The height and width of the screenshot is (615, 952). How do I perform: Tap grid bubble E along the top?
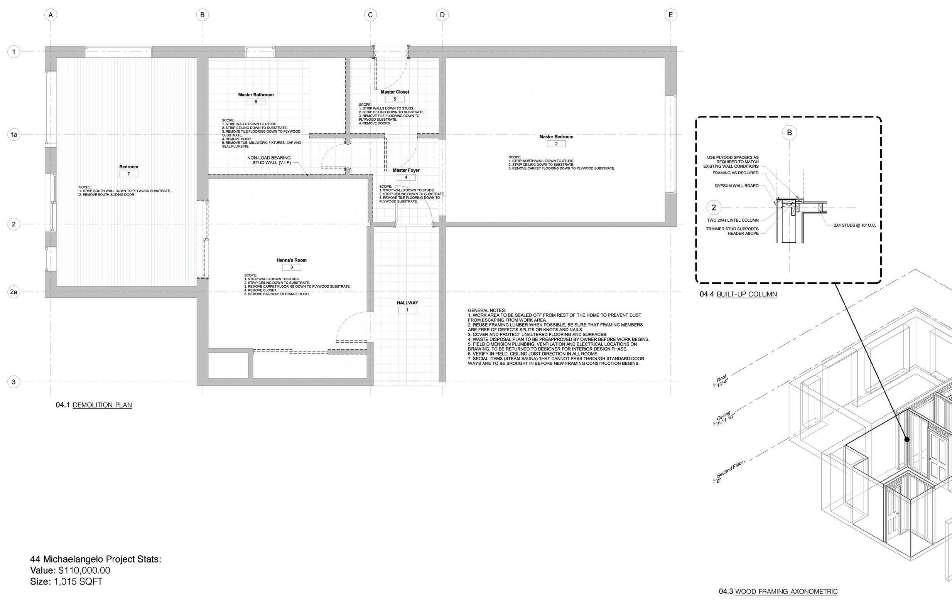[670, 15]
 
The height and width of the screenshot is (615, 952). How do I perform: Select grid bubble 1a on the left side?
[14, 135]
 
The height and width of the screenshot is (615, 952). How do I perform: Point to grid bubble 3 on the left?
[14, 382]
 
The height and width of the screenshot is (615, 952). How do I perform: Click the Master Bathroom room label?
[256, 95]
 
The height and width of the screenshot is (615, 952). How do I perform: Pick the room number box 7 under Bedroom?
[128, 174]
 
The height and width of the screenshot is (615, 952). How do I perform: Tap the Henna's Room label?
[292, 260]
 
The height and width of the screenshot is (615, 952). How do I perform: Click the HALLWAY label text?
[407, 303]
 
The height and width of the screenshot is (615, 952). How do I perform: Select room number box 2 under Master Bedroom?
[556, 144]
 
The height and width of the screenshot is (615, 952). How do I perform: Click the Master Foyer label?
[406, 170]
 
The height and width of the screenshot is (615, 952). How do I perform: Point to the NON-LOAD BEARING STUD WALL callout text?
[269, 160]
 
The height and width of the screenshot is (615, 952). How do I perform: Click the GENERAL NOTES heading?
[486, 310]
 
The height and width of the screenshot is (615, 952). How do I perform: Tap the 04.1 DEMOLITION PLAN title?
[94, 405]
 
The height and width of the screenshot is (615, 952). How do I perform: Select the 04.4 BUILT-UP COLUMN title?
[738, 294]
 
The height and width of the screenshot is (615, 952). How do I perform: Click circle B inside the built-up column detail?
[789, 133]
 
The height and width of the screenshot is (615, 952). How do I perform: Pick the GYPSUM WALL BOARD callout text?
[736, 186]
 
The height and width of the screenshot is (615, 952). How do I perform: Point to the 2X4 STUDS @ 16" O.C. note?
[854, 225]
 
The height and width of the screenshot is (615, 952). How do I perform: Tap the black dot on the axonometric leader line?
[907, 439]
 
